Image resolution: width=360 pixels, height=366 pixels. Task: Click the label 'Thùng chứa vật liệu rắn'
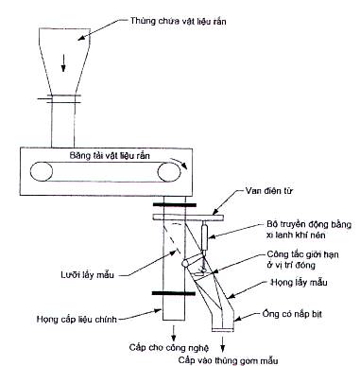(x=178, y=21)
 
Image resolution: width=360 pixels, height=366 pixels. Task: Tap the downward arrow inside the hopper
(x=63, y=63)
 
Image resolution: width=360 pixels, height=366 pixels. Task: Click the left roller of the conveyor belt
(x=42, y=171)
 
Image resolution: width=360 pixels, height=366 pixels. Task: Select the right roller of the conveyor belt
(x=169, y=172)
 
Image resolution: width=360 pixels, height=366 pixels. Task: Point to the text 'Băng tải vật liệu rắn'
(x=110, y=155)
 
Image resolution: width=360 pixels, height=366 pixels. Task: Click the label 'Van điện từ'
(x=269, y=191)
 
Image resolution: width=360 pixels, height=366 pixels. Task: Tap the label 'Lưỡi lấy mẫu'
(x=87, y=275)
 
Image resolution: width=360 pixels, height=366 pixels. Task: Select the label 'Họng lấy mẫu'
(x=300, y=282)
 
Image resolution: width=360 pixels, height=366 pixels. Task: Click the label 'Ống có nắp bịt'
(x=292, y=314)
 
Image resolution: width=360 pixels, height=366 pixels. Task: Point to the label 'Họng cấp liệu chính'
(x=77, y=320)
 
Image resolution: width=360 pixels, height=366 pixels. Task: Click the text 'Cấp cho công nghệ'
(x=169, y=348)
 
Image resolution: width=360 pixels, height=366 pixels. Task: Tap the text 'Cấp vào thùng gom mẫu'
(x=229, y=360)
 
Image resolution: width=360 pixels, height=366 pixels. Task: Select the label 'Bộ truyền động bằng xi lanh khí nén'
(x=309, y=230)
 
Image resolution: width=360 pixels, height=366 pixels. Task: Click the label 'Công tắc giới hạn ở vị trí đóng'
(x=302, y=259)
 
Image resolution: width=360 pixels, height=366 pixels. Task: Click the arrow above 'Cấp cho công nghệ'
(x=173, y=332)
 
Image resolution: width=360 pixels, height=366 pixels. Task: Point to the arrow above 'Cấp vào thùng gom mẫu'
(x=223, y=343)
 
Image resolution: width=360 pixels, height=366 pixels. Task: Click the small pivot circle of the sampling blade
(x=185, y=262)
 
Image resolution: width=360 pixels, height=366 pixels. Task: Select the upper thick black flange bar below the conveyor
(x=175, y=205)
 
